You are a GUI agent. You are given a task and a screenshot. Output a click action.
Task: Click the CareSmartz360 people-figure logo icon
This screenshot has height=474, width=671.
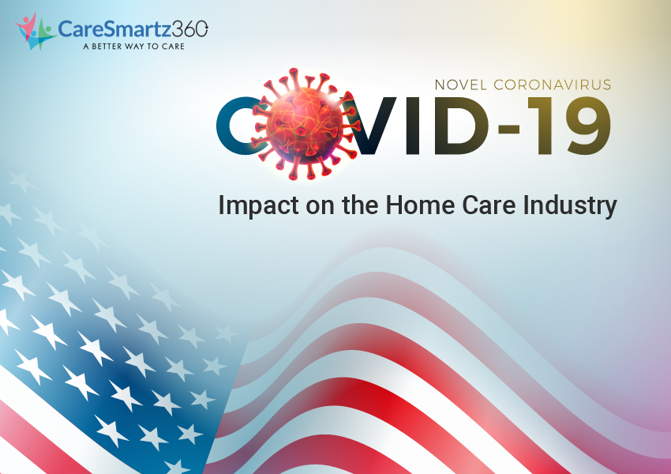pyautogui.click(x=35, y=31)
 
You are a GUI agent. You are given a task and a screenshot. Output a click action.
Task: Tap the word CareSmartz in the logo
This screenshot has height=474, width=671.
pyautogui.click(x=114, y=29)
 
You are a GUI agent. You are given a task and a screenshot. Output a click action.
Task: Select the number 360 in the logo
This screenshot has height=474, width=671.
pyautogui.click(x=190, y=28)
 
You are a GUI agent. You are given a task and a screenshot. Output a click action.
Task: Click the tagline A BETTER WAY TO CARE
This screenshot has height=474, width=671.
pyautogui.click(x=134, y=47)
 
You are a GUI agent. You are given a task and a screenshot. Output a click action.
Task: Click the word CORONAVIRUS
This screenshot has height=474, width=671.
pyautogui.click(x=553, y=85)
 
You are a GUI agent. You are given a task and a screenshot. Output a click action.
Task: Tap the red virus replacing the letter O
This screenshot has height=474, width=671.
pyautogui.click(x=305, y=124)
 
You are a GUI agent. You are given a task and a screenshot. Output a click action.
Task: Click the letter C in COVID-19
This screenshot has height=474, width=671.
pyautogui.click(x=238, y=126)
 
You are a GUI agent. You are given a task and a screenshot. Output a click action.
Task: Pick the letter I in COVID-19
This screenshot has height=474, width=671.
pyautogui.click(x=410, y=126)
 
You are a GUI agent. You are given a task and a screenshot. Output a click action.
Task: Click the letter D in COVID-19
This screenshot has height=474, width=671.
pyautogui.click(x=460, y=126)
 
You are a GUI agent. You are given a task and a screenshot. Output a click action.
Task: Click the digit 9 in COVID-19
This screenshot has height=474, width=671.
pyautogui.click(x=587, y=126)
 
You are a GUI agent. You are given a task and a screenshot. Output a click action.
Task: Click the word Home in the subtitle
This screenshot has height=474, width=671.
pyautogui.click(x=420, y=205)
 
